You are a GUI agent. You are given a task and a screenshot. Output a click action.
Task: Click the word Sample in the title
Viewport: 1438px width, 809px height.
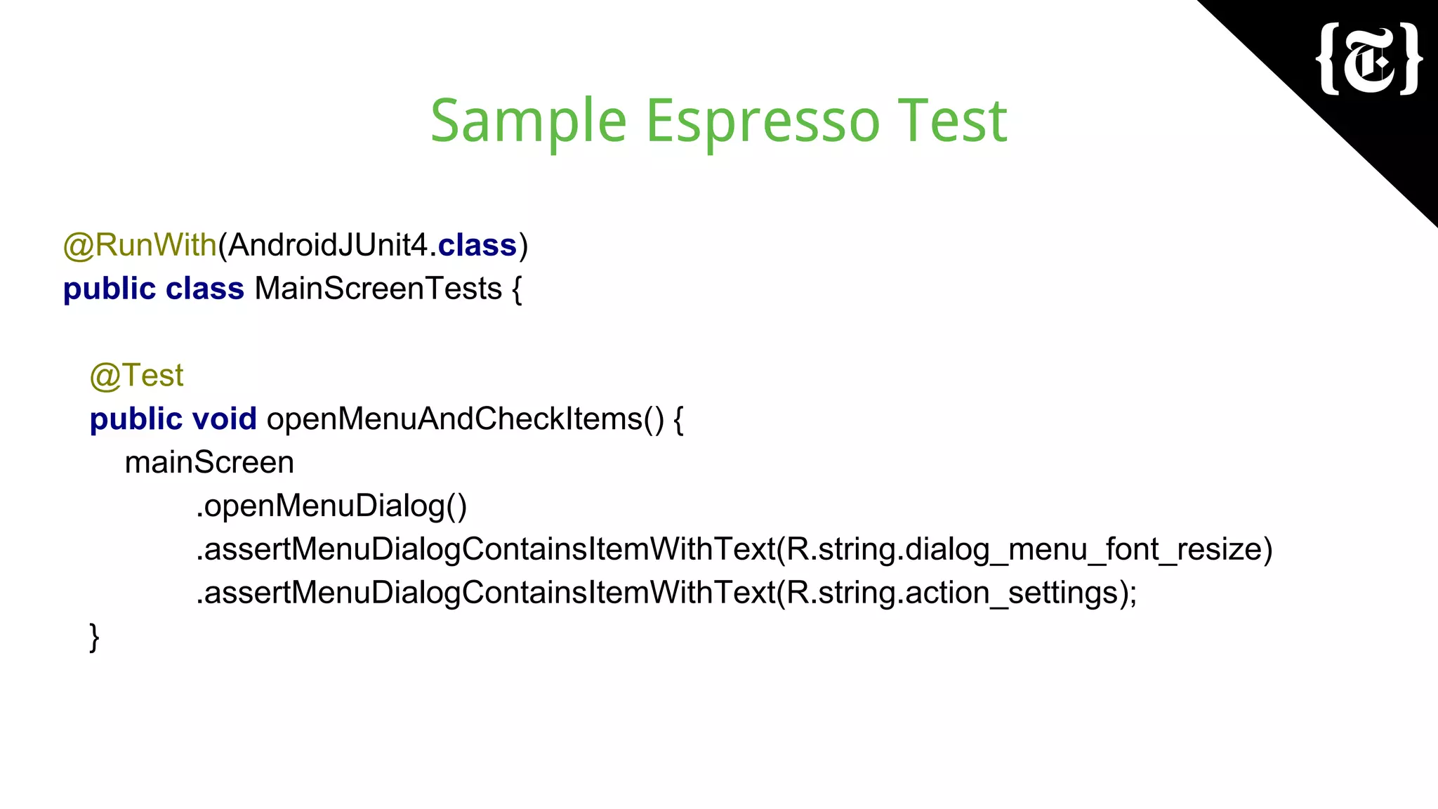528,121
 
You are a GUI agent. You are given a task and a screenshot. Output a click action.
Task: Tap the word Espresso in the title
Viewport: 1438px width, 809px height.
762,121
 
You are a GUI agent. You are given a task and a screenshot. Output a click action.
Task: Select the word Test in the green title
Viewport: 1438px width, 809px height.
952,121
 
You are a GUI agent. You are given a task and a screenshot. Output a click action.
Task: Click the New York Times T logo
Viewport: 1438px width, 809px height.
1369,60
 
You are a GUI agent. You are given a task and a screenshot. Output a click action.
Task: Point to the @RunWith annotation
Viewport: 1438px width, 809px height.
140,245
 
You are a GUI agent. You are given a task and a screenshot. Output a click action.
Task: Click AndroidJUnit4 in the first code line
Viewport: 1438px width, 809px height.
327,245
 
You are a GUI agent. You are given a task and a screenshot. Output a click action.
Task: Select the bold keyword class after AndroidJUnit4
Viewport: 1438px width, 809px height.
477,245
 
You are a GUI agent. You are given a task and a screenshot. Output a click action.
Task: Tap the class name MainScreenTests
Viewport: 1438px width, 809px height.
378,289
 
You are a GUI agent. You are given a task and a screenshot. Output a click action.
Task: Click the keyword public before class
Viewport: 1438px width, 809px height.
109,289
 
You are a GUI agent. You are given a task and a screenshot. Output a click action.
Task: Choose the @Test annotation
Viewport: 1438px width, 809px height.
137,376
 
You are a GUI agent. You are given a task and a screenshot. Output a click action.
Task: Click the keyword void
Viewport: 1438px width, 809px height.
224,419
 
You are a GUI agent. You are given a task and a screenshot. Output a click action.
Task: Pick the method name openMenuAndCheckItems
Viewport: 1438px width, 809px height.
454,419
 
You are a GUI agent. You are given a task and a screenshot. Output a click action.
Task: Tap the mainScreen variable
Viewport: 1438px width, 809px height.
209,463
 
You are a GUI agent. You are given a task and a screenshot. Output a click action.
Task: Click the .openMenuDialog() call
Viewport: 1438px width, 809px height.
331,506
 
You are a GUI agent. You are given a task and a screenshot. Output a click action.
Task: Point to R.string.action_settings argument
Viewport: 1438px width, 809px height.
951,593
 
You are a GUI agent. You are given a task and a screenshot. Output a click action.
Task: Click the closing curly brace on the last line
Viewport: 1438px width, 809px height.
95,637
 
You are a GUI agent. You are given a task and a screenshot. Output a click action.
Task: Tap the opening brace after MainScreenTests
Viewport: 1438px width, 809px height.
517,289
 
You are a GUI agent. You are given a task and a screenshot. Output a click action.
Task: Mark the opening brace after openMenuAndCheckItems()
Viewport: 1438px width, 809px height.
678,420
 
